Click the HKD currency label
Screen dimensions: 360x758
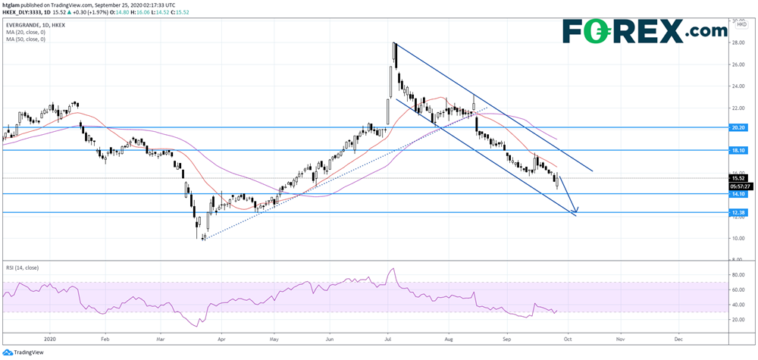(x=739, y=26)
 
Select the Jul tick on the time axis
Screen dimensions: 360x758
(x=388, y=340)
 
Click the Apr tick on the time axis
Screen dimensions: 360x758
(x=221, y=340)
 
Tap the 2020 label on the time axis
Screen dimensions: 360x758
(x=51, y=340)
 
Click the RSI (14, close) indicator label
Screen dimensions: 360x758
(x=22, y=268)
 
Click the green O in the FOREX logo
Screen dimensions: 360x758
(x=609, y=32)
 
